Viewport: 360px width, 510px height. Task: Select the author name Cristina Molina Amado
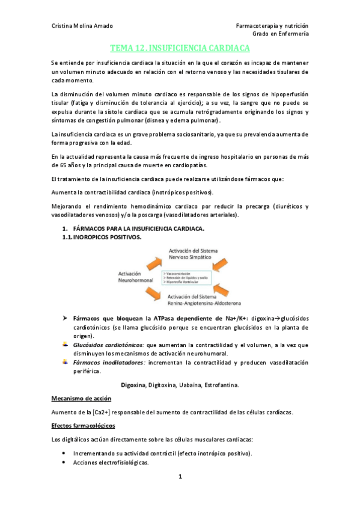82,26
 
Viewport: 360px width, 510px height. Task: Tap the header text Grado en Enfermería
281,34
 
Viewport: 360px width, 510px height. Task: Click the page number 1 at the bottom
180,477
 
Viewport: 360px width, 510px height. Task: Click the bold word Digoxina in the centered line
133,384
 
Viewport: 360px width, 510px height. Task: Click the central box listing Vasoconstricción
191,278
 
